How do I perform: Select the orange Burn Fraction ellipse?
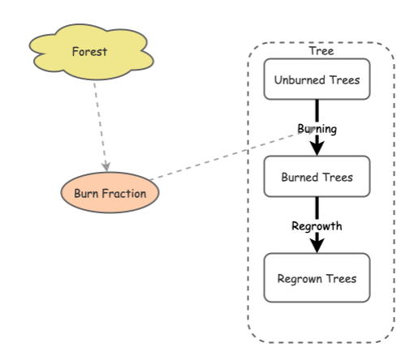pos(110,193)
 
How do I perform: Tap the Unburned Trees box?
pos(317,79)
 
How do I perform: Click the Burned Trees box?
pos(317,176)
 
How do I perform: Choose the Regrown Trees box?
pos(317,278)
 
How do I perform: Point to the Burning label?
pos(317,128)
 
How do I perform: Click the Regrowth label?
pos(317,226)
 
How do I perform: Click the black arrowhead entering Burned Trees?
pos(317,148)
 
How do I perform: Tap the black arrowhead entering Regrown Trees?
pos(317,244)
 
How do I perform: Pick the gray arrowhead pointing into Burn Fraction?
pos(106,165)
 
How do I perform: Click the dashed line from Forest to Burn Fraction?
pos(100,122)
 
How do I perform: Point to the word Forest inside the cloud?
pos(88,52)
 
